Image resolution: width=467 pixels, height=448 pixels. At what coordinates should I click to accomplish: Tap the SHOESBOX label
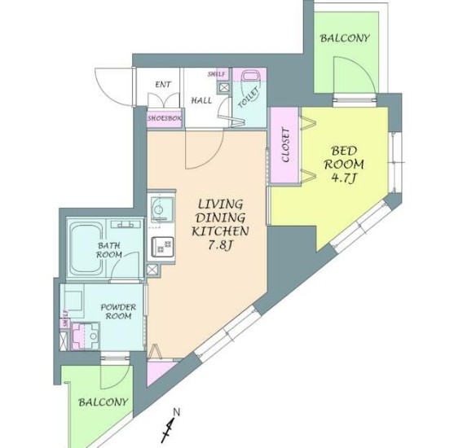165,118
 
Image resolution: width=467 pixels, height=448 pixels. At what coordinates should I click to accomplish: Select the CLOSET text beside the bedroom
285,145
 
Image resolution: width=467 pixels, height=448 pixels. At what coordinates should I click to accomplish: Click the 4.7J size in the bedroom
344,178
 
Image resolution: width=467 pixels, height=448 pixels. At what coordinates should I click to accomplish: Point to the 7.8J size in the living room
220,245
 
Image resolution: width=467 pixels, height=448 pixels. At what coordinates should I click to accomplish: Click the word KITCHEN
220,231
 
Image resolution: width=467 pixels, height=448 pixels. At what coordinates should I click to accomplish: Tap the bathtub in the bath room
86,248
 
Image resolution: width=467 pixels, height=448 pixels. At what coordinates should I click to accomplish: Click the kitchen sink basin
161,207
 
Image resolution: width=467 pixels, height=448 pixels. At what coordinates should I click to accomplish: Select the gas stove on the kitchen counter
162,247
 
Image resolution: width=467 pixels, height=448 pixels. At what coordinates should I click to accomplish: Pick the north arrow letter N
177,412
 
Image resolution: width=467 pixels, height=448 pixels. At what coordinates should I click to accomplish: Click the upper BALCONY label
345,38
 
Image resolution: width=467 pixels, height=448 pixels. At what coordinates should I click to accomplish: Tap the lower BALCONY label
103,402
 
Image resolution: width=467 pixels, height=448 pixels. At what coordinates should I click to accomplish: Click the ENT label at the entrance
163,85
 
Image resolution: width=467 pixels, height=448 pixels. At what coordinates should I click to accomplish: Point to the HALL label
201,100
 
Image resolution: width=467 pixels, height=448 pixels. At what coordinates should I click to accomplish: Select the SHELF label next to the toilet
217,74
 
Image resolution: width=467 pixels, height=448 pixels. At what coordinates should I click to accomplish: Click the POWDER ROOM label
118,311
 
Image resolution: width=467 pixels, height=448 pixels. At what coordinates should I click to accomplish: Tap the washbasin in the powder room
86,336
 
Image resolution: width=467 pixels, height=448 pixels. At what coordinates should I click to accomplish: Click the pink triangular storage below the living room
160,371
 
